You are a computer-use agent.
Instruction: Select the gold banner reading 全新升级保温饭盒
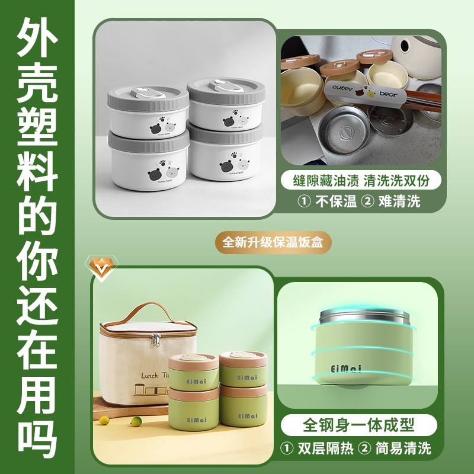(273, 243)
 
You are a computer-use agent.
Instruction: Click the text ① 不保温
(328, 201)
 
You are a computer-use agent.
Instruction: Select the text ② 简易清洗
(398, 447)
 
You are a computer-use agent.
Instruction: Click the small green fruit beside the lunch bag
(104, 420)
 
